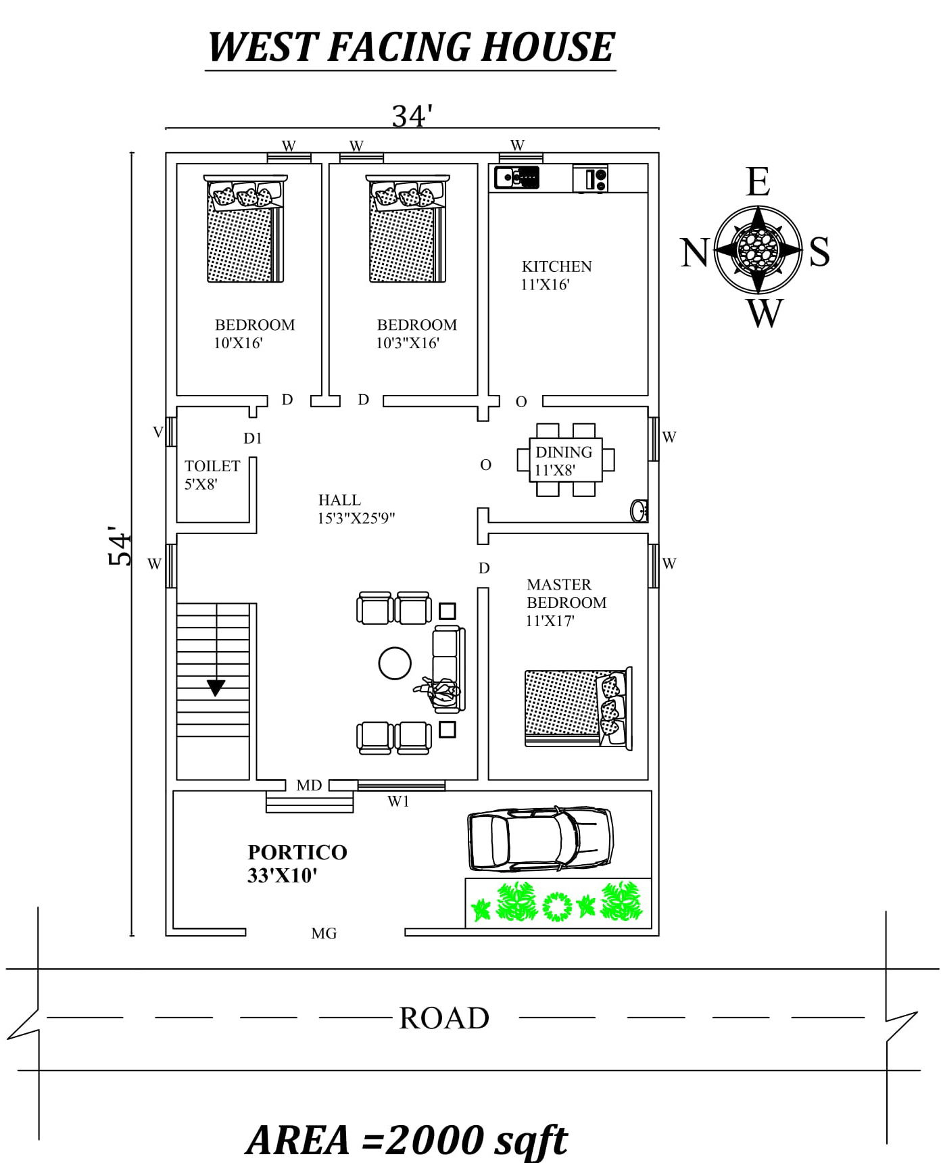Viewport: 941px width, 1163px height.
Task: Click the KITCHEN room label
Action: click(x=556, y=266)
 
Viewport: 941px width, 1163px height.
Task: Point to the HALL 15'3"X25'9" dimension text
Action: click(x=356, y=519)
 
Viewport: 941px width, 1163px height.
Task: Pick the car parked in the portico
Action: click(x=540, y=838)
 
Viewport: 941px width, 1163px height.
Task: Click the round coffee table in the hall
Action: click(x=395, y=663)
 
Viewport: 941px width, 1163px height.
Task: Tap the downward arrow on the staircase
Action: click(x=216, y=688)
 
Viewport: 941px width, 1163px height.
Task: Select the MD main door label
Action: click(x=309, y=785)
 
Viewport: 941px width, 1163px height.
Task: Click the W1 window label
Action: click(x=398, y=802)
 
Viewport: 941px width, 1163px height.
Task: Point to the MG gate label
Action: click(x=324, y=934)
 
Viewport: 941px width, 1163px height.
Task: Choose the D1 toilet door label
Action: click(x=252, y=438)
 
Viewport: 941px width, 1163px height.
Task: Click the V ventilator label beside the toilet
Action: click(x=158, y=432)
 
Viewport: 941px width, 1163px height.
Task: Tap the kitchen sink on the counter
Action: click(x=516, y=178)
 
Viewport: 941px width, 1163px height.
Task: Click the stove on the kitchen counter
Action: click(x=590, y=179)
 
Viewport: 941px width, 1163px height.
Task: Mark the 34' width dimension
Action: click(x=412, y=116)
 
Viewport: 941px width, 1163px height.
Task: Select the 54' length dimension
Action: click(x=120, y=546)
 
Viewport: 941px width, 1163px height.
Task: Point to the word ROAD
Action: click(x=443, y=1018)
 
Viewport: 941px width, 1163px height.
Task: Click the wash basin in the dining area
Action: click(x=639, y=511)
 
